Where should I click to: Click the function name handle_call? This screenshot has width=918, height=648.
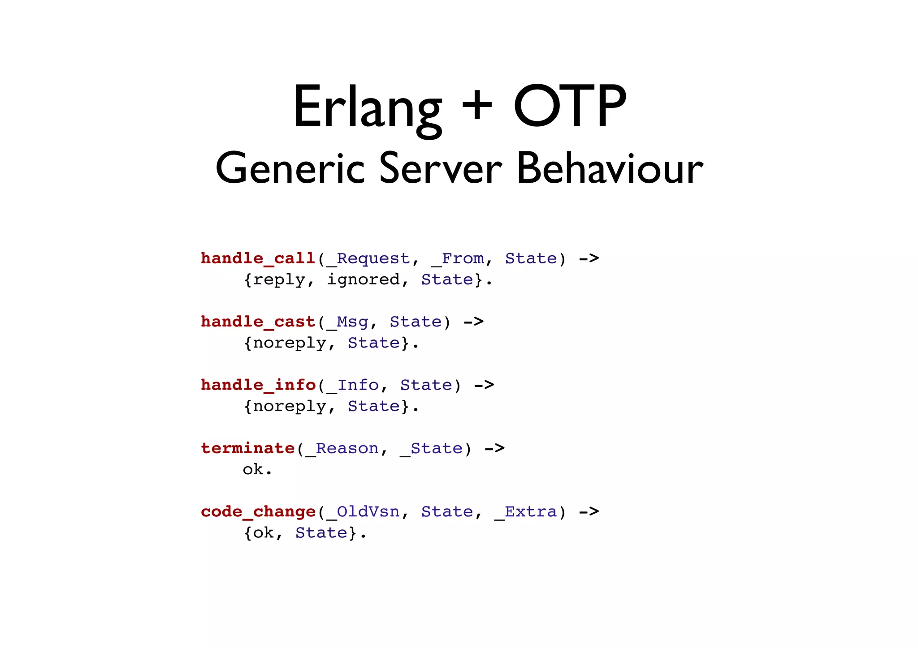258,259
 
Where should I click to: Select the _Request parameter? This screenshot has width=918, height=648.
368,259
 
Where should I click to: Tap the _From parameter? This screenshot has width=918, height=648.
458,259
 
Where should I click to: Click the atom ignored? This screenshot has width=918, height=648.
364,280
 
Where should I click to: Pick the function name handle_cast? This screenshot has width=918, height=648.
258,322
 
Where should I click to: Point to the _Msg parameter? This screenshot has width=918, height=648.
348,322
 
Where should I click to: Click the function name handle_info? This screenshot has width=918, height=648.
258,385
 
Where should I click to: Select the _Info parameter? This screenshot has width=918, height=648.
353,385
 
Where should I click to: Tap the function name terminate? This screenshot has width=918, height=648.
248,448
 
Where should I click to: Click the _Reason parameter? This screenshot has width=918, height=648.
342,448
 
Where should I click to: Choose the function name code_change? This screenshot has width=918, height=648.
258,511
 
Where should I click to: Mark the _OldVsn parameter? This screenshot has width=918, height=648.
364,511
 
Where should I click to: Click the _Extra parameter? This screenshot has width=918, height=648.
526,511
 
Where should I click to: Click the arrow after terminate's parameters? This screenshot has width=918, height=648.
495,448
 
